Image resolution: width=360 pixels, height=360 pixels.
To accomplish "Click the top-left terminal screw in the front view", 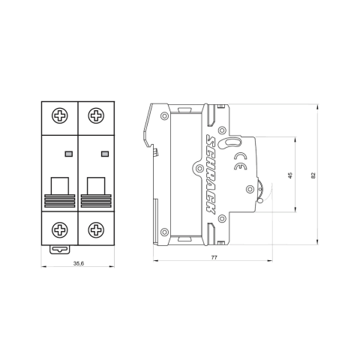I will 61,115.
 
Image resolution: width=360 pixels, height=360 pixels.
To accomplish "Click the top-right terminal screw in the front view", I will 95,115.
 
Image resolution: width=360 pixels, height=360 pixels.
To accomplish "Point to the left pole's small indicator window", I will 69,153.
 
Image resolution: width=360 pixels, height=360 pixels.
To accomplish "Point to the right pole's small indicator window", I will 103,153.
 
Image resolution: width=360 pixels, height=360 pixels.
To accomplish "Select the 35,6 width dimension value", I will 78,262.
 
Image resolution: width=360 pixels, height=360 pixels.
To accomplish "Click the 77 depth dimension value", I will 214,258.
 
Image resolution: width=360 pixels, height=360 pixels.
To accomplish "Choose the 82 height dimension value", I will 313,175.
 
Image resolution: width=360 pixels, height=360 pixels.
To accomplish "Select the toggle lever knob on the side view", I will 260,191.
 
